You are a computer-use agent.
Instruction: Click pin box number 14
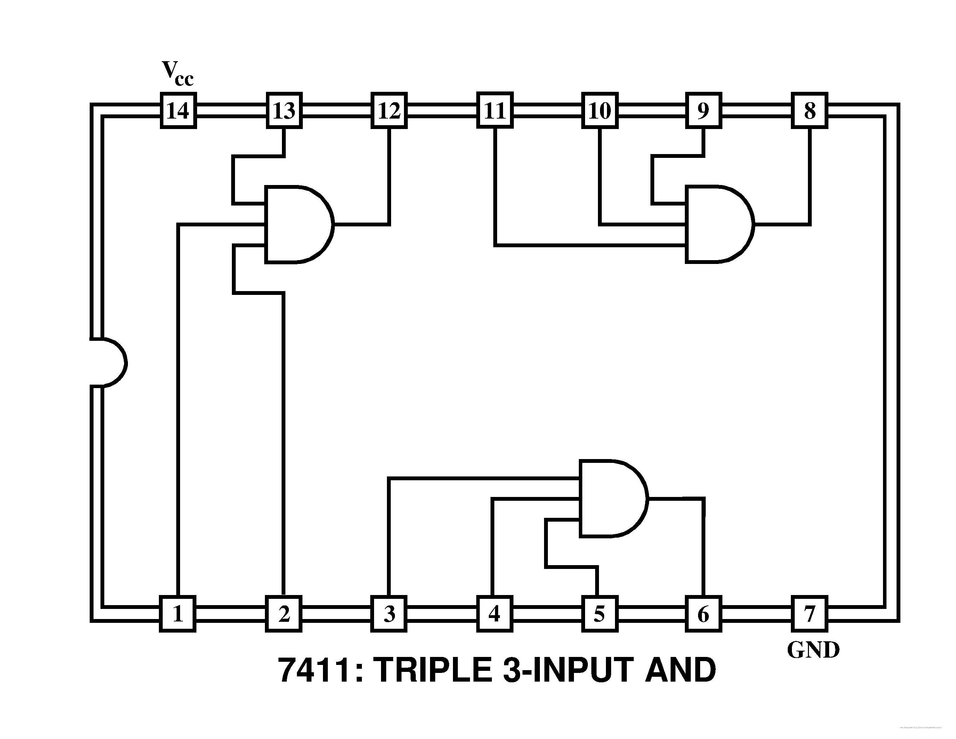point(178,110)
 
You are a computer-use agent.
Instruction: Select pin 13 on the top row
point(284,110)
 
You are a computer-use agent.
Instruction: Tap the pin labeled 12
point(389,110)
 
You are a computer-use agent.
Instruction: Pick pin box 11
point(495,110)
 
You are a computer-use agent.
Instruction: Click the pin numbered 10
point(600,110)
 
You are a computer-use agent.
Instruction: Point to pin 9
point(703,110)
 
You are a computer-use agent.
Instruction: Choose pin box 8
point(810,110)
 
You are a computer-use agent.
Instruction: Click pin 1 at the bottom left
point(177,614)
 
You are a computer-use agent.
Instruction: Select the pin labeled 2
point(284,614)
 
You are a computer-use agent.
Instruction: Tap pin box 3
point(389,614)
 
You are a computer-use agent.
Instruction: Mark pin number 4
point(495,614)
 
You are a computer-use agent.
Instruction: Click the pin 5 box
point(600,614)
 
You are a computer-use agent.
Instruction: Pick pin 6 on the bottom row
point(703,614)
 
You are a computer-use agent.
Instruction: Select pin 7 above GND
point(810,614)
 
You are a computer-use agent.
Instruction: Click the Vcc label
point(177,73)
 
